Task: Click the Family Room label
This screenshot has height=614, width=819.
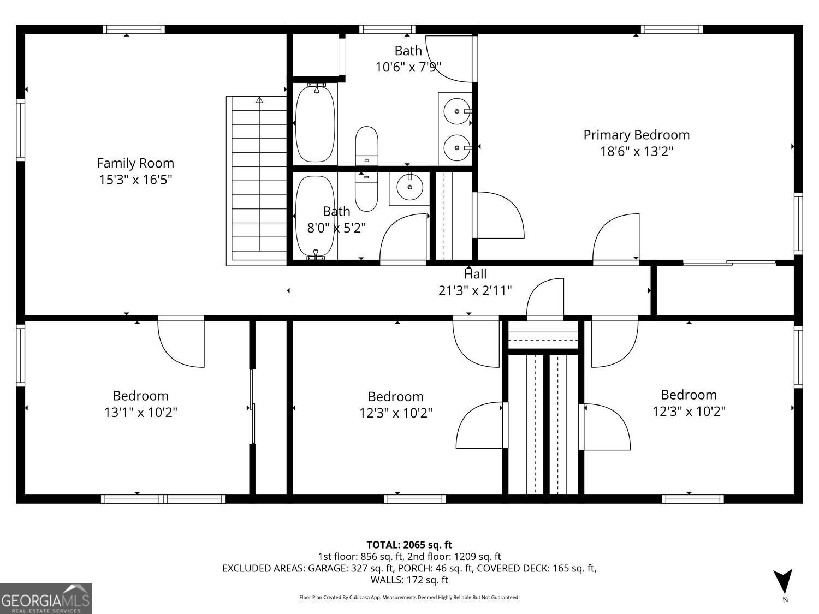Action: click(x=135, y=163)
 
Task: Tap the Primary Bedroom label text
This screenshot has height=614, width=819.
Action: click(x=636, y=135)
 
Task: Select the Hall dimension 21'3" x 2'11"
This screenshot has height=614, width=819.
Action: click(x=475, y=290)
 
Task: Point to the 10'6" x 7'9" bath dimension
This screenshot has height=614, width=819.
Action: click(x=408, y=67)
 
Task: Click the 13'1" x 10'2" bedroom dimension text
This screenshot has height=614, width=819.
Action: click(x=141, y=412)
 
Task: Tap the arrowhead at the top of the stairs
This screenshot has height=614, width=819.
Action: click(x=259, y=100)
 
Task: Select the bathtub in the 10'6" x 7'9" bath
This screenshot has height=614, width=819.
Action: click(x=315, y=123)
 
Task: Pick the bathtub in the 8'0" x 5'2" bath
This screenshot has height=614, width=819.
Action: click(x=315, y=216)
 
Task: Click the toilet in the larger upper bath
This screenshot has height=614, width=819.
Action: click(x=366, y=145)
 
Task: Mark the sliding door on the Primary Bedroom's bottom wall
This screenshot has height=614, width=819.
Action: click(x=729, y=264)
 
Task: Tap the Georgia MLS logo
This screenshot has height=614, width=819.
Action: click(x=46, y=599)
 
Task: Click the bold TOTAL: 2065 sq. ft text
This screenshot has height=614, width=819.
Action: click(x=409, y=545)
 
